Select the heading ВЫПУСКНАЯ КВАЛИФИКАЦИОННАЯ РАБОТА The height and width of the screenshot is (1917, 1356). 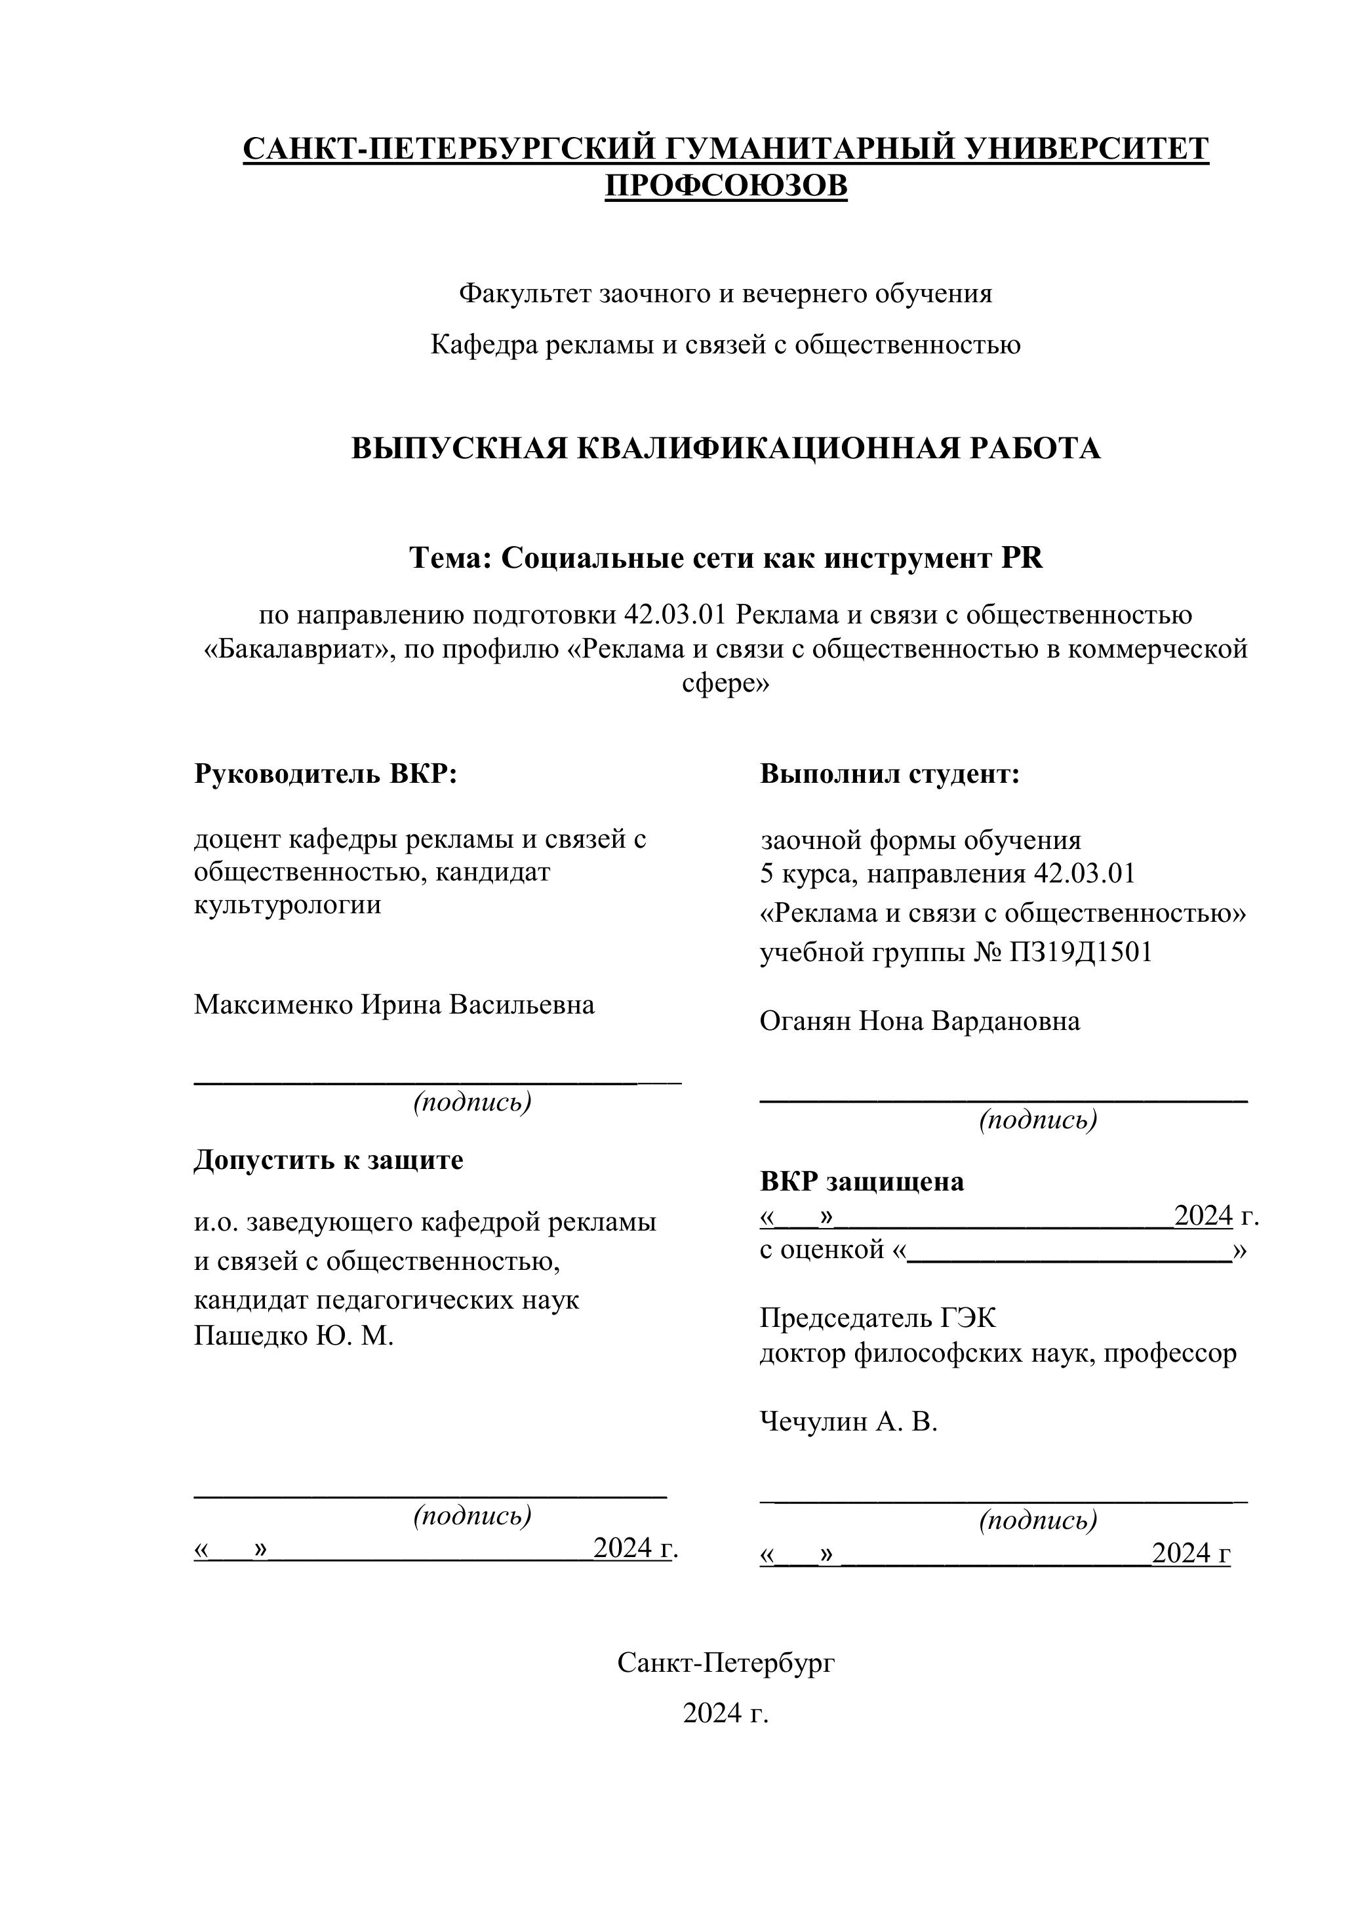point(726,449)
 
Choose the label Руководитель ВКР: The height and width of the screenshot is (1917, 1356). point(326,774)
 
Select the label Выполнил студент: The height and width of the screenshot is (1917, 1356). point(889,774)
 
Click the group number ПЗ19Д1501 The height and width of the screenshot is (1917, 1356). point(1081,952)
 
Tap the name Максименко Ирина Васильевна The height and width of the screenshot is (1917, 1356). point(394,1004)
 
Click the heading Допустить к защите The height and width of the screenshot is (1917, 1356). point(328,1160)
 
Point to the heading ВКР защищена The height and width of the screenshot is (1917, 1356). point(861,1181)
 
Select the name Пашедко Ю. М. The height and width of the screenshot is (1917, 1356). point(293,1336)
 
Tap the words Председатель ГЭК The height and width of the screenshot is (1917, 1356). point(877,1318)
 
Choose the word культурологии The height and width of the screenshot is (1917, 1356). point(287,905)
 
